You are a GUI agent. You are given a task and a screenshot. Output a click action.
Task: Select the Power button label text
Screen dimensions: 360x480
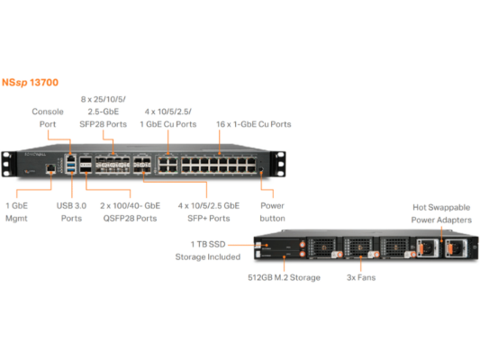(x=271, y=211)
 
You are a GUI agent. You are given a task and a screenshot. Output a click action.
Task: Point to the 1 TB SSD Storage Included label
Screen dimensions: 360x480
(x=209, y=250)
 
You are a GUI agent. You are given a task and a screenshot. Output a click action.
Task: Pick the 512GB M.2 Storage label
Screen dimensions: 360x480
(x=284, y=278)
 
